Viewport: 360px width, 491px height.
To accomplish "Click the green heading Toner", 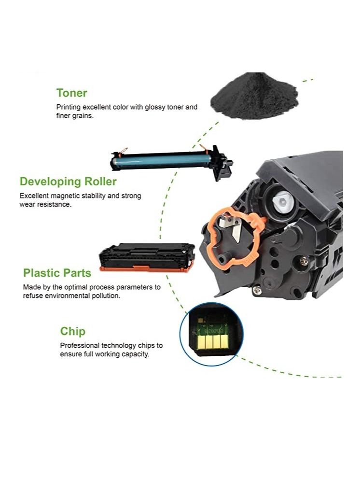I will click(72, 93).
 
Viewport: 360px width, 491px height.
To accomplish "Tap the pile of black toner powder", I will click(255, 97).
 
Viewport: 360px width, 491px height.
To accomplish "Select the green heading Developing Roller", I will click(68, 182).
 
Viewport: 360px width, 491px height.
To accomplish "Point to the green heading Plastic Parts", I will click(57, 273).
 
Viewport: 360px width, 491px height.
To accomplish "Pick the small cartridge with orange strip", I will click(147, 257).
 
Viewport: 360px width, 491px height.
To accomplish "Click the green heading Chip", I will click(73, 331).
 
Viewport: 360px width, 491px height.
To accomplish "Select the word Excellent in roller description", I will click(35, 196).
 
